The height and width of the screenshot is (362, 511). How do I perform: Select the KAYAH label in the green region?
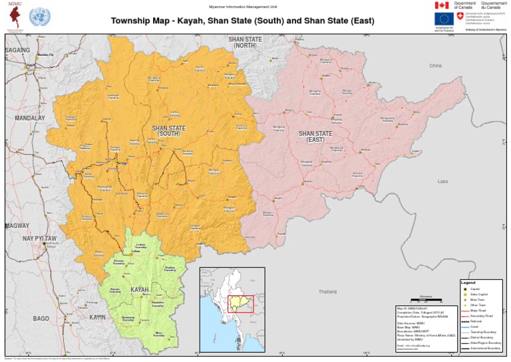(x=139, y=290)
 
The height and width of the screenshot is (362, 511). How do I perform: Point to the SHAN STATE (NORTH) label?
(x=245, y=43)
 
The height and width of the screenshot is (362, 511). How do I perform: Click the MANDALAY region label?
(x=29, y=118)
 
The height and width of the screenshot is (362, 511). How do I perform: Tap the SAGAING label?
(x=18, y=50)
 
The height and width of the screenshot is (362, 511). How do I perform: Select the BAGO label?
(x=41, y=319)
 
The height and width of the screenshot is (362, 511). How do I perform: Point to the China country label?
(x=435, y=66)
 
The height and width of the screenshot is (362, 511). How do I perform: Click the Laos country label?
(x=442, y=181)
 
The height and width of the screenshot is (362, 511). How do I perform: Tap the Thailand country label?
(x=327, y=292)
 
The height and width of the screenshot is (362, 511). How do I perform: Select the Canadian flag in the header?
(x=442, y=5)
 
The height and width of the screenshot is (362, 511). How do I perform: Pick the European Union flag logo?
(x=442, y=19)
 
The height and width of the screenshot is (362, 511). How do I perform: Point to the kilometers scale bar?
(x=426, y=298)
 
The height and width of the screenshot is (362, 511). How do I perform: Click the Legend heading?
(x=468, y=283)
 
